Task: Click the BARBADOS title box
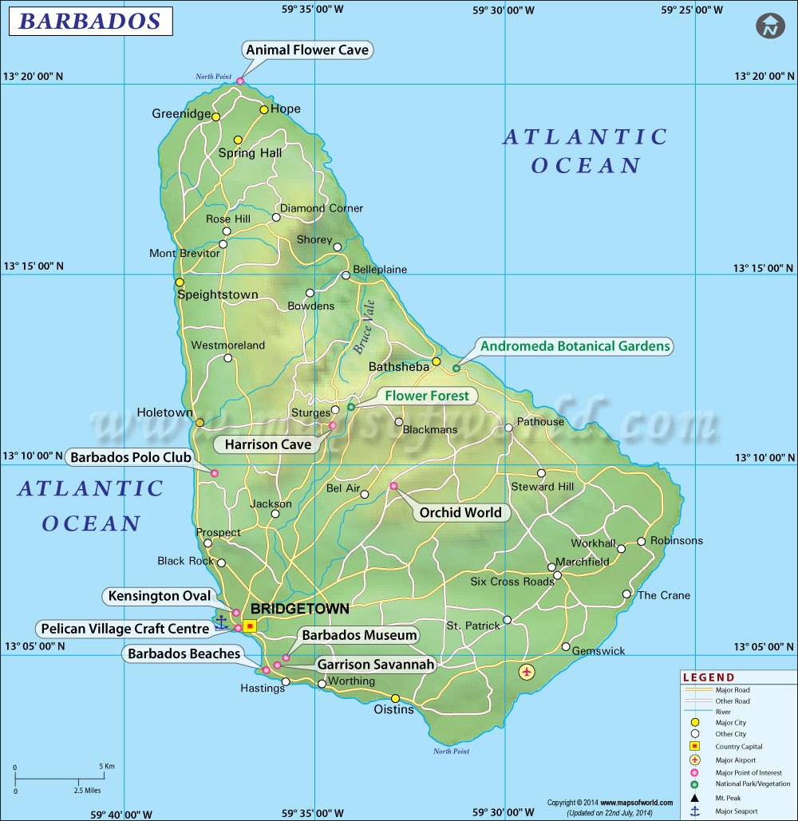pyautogui.click(x=90, y=21)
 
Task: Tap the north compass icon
pyautogui.click(x=770, y=26)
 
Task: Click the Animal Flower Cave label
pyautogui.click(x=307, y=50)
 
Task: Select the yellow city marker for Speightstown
pyautogui.click(x=180, y=282)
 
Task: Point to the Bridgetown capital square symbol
pyautogui.click(x=250, y=626)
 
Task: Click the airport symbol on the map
pyautogui.click(x=526, y=672)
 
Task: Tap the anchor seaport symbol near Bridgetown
pyautogui.click(x=221, y=621)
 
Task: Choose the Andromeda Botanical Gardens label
pyautogui.click(x=575, y=346)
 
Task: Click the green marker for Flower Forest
pyautogui.click(x=350, y=407)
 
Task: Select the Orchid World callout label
pyautogui.click(x=460, y=512)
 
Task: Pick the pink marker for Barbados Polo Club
pyautogui.click(x=215, y=474)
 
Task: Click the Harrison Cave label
pyautogui.click(x=267, y=444)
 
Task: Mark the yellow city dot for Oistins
pyautogui.click(x=395, y=699)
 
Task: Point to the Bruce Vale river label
pyautogui.click(x=363, y=327)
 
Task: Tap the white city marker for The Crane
pyautogui.click(x=626, y=594)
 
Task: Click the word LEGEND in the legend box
pyautogui.click(x=709, y=677)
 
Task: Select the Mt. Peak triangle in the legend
pyautogui.click(x=694, y=797)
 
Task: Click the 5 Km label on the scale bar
pyautogui.click(x=107, y=766)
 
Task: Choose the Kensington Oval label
pyautogui.click(x=160, y=596)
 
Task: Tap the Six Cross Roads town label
pyautogui.click(x=512, y=582)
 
